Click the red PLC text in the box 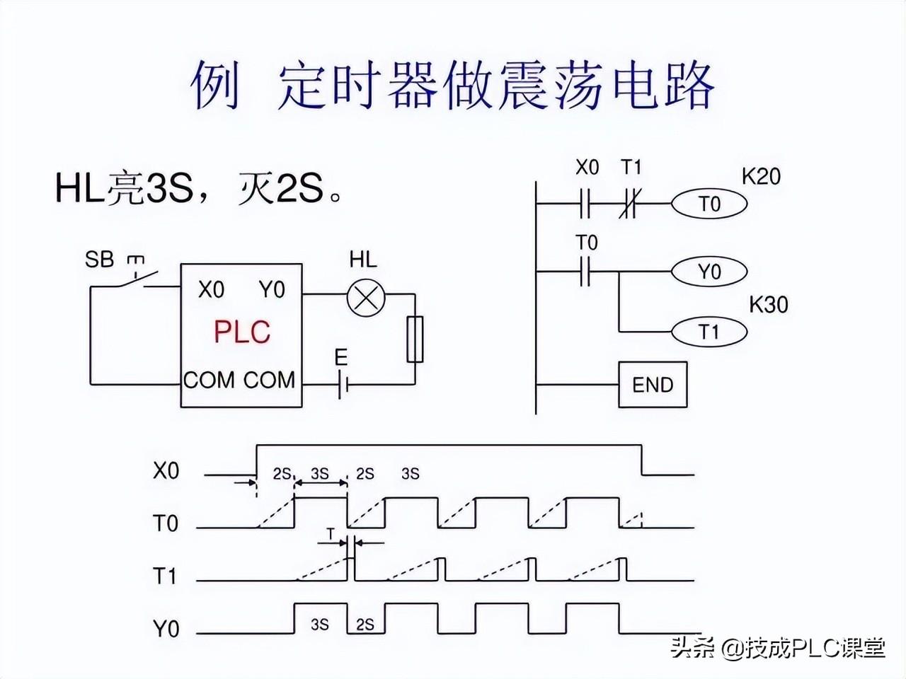[x=242, y=332]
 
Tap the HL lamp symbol [x=365, y=294]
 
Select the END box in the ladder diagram [x=652, y=385]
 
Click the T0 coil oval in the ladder [x=709, y=204]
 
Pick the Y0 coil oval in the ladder [x=709, y=272]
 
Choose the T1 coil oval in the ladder [x=709, y=331]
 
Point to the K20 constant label [x=761, y=175]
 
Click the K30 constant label [x=768, y=305]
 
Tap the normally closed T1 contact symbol [x=629, y=204]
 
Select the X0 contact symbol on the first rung [x=585, y=204]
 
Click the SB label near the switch [x=99, y=260]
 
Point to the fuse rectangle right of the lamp [x=415, y=339]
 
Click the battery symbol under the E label [x=343, y=385]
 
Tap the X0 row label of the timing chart [x=166, y=471]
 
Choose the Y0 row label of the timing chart [x=166, y=628]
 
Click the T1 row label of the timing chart [x=165, y=576]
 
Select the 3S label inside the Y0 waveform [x=320, y=625]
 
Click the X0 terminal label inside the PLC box [x=211, y=290]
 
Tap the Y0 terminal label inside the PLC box [x=272, y=290]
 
